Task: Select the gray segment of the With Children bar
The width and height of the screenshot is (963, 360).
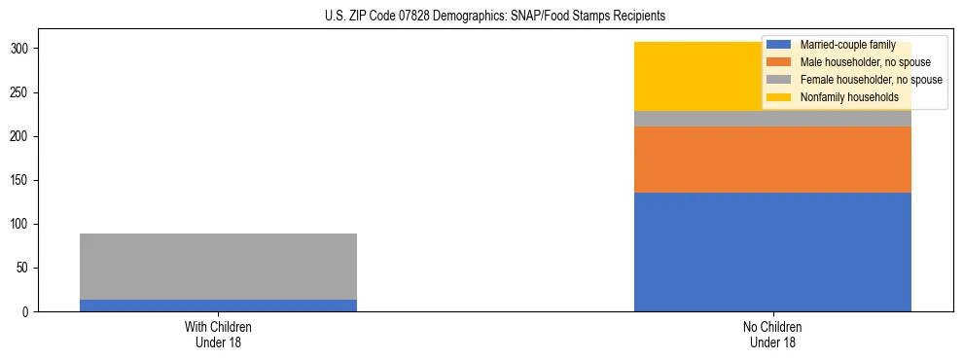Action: point(218,267)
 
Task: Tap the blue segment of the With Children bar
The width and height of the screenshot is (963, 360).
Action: point(218,306)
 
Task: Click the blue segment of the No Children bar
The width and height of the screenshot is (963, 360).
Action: point(772,252)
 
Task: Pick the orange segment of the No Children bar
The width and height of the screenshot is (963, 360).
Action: point(772,160)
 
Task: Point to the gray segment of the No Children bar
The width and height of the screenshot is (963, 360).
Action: point(772,119)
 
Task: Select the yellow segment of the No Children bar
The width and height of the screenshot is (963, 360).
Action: point(700,76)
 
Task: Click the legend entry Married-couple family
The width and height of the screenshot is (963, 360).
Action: point(847,45)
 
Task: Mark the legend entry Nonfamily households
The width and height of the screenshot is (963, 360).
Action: point(842,97)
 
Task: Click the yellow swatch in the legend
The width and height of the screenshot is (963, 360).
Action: point(779,97)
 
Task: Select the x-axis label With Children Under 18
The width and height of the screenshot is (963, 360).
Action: point(218,334)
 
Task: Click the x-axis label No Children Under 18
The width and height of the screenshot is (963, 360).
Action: point(772,334)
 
